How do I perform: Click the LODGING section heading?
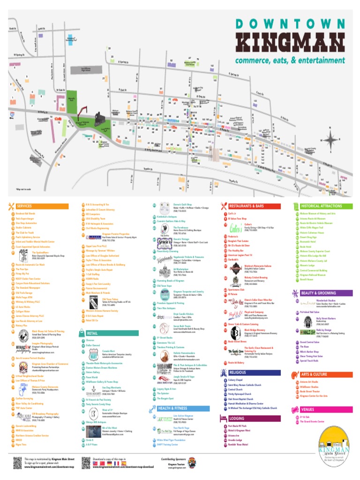(238, 418)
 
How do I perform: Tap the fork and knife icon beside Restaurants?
(224, 206)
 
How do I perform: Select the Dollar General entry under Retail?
(93, 345)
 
